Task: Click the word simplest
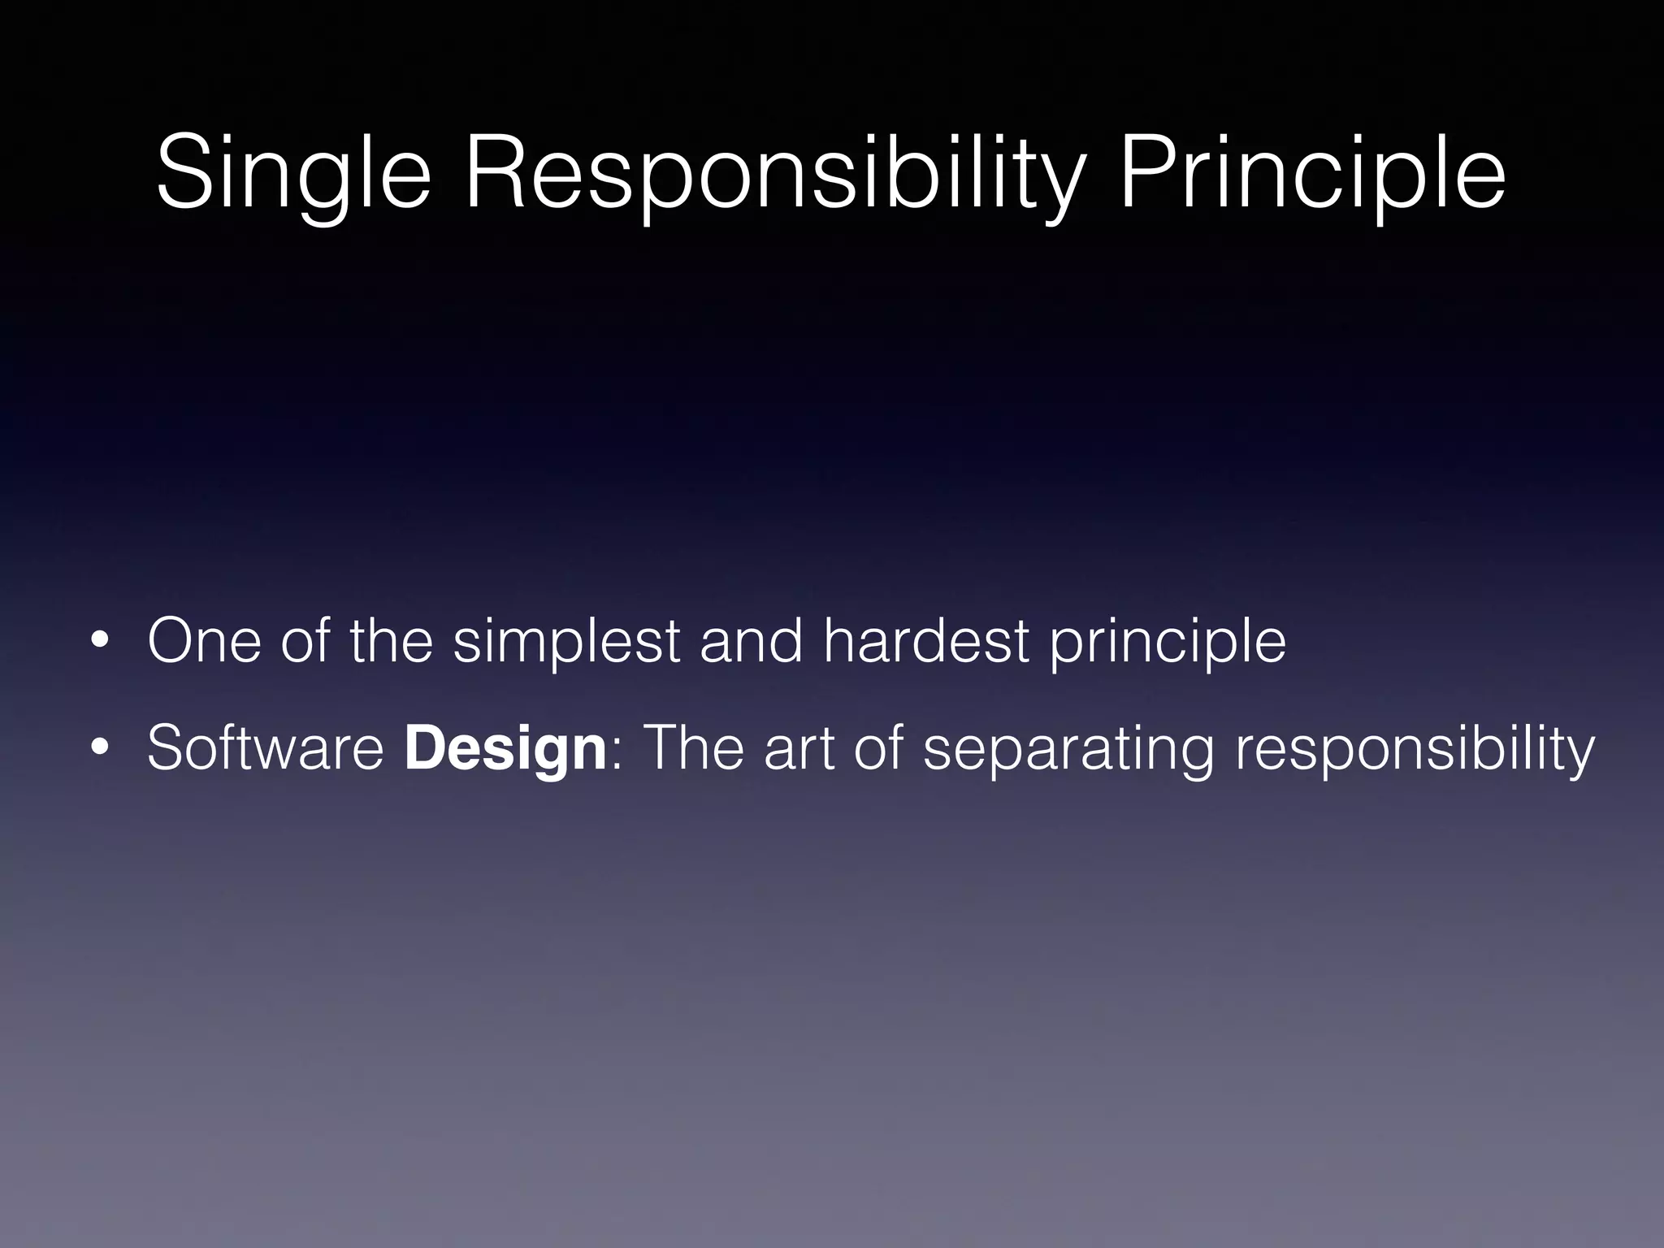point(565,642)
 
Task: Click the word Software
point(265,748)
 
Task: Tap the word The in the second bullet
point(692,748)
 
